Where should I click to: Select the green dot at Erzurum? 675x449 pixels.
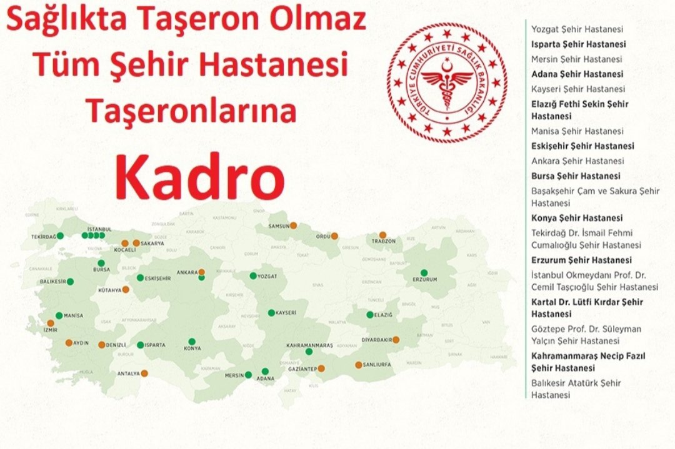point(424,272)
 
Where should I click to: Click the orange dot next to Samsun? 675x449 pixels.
point(293,225)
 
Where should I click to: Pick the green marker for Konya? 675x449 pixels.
point(191,342)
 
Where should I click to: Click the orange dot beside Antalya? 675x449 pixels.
point(144,373)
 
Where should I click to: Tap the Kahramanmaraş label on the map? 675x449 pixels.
point(309,345)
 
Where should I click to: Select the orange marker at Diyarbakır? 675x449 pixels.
point(396,340)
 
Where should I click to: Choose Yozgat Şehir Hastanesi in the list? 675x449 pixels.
point(576,29)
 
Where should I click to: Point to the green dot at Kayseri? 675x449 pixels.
point(271,313)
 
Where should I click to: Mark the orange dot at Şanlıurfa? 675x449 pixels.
point(358,365)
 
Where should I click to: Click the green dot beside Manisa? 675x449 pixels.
point(59,315)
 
